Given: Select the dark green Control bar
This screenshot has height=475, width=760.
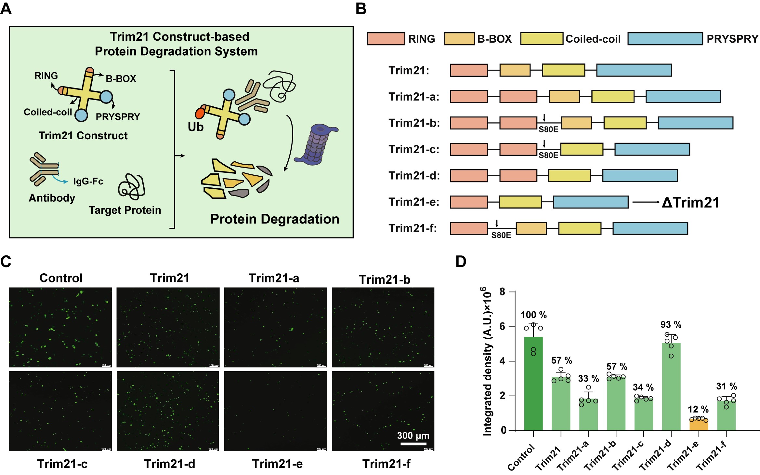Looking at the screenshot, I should [533, 384].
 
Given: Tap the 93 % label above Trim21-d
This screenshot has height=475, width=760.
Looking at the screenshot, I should [671, 324].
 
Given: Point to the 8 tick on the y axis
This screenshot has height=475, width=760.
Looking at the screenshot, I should [503, 292].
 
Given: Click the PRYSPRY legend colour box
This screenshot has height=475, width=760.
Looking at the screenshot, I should [665, 39].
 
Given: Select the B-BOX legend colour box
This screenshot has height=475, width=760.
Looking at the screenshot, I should [459, 39].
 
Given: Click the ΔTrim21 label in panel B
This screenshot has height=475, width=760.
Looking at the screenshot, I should [690, 202].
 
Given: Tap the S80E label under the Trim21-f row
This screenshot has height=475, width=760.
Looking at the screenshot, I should [501, 235].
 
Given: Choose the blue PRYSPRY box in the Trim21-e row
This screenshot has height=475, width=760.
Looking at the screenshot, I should [590, 202].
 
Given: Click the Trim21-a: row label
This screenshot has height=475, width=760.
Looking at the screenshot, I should [414, 97].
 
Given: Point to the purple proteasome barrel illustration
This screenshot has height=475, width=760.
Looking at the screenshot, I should [316, 145].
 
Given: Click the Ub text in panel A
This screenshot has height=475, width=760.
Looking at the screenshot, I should [195, 127].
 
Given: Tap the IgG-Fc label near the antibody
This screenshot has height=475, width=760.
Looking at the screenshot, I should [88, 181].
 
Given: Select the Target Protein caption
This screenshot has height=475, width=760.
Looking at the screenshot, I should [125, 210].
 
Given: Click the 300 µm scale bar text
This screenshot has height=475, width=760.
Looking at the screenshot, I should [413, 435].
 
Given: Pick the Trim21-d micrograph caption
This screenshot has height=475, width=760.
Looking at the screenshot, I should [169, 464].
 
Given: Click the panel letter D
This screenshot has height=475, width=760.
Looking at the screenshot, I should [461, 262].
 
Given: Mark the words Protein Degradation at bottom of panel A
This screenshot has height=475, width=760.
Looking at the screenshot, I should [275, 219].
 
